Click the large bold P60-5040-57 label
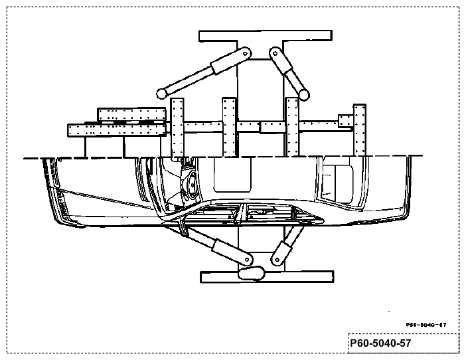tap(380, 343)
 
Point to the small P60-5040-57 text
tap(426, 325)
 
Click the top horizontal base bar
tap(266, 35)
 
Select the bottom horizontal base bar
tap(267, 277)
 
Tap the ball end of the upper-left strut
tap(162, 94)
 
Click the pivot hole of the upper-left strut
tap(246, 54)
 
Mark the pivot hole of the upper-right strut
tap(275, 54)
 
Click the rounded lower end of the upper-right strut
tap(304, 95)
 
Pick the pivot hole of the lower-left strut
tap(247, 260)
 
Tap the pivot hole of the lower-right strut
tap(277, 260)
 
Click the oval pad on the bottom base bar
tap(251, 273)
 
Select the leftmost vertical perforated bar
tap(177, 128)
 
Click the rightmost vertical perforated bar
tap(360, 130)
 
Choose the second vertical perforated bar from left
tap(229, 127)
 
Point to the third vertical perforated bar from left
tap(292, 127)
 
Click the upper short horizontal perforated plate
tap(131, 114)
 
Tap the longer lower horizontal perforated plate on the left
tap(117, 130)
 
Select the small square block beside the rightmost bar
tap(346, 121)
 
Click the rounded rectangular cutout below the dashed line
tap(232, 175)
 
